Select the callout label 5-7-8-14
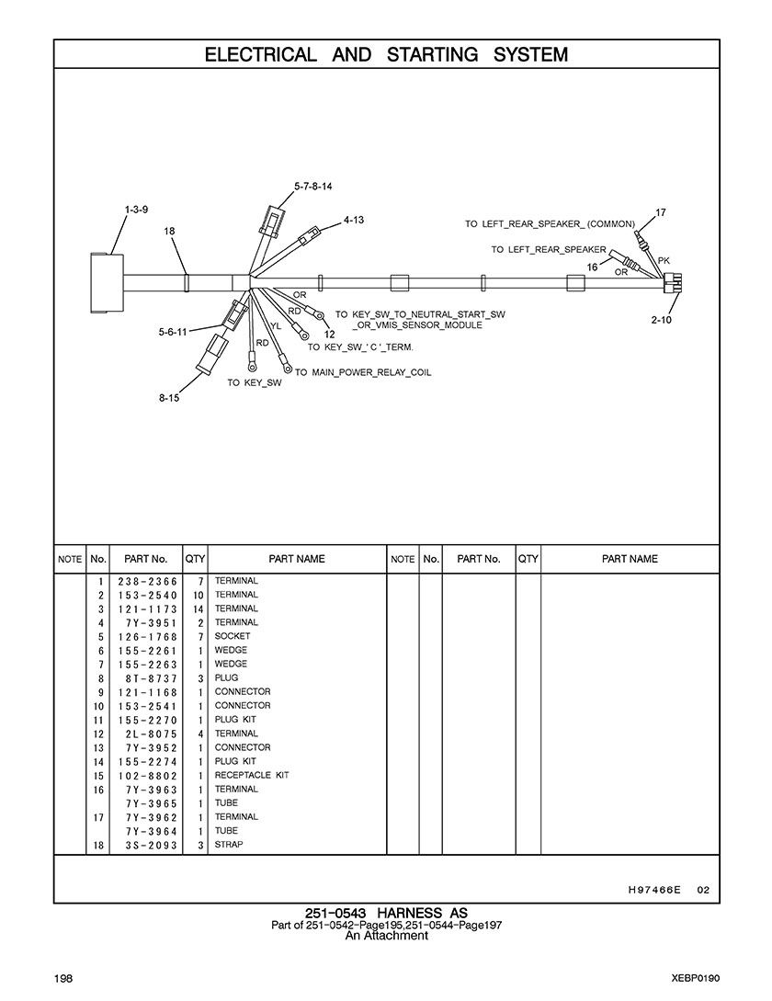(312, 186)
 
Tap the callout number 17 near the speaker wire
(660, 213)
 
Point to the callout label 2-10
(661, 320)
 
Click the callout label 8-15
(168, 398)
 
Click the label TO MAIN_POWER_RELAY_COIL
(362, 372)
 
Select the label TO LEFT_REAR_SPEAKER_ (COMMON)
(550, 224)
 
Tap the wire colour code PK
(664, 260)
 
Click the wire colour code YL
(276, 325)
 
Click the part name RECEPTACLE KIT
(252, 775)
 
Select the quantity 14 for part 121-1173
(198, 609)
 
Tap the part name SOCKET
(233, 637)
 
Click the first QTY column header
(195, 559)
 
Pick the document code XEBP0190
(696, 978)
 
